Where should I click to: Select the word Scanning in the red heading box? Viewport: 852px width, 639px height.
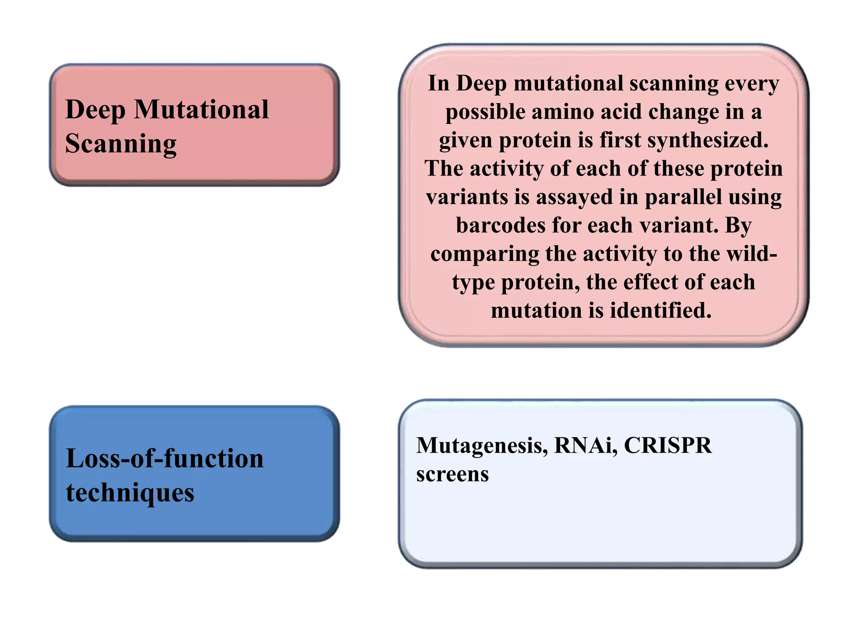pyautogui.click(x=121, y=144)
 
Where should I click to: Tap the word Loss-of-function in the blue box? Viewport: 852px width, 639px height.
pyautogui.click(x=165, y=458)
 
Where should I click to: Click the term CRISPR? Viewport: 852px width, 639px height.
pyautogui.click(x=668, y=445)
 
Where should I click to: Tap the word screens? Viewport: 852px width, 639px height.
pyautogui.click(x=452, y=474)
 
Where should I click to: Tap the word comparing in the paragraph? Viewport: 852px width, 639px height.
pyautogui.click(x=485, y=254)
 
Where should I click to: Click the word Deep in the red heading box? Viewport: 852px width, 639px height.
pyautogui.click(x=95, y=110)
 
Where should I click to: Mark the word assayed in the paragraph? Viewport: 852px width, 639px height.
pyautogui.click(x=575, y=197)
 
